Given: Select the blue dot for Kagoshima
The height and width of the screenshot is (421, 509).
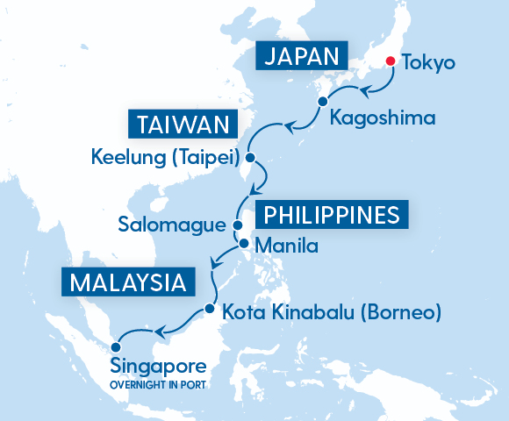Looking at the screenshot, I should (x=323, y=102).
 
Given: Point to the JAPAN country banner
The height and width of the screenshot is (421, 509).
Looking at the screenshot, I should (x=301, y=57).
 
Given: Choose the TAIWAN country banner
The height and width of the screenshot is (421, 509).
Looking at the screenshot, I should (x=183, y=124).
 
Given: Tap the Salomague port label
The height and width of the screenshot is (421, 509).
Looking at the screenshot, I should (x=172, y=225).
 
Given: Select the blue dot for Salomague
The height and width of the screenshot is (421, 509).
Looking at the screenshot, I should (x=238, y=225).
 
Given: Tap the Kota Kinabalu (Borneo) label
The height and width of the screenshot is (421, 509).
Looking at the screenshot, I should (x=331, y=311).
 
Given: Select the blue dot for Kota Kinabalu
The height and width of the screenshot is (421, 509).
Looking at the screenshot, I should (x=209, y=310).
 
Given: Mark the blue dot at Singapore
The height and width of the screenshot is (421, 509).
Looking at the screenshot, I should (x=116, y=346).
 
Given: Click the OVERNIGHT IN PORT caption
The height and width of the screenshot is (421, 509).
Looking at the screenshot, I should (x=158, y=383).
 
